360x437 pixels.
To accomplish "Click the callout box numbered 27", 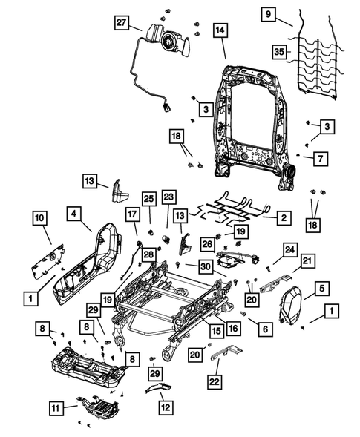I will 122,23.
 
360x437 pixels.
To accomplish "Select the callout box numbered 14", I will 220,30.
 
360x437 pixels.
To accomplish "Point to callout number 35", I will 279,52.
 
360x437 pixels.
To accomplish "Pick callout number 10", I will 39,217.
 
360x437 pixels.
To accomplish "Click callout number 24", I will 289,249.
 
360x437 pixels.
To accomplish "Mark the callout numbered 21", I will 307,260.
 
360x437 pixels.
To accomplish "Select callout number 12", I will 165,407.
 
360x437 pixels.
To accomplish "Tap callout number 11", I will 58,407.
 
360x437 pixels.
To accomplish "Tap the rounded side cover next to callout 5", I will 295,304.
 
